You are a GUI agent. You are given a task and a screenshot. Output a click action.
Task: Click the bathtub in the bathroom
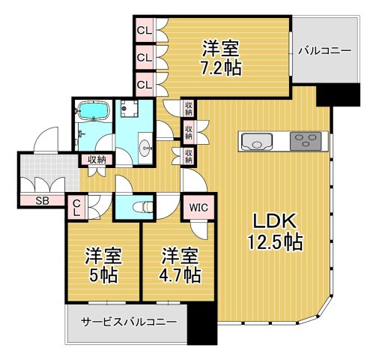coord(94,113)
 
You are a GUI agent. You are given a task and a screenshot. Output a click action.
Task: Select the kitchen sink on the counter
coord(257,141)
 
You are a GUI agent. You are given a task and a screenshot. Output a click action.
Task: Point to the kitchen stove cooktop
coord(303,141)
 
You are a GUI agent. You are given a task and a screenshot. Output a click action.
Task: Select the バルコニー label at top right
coord(324,51)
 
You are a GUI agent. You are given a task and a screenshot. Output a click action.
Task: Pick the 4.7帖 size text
coord(181,274)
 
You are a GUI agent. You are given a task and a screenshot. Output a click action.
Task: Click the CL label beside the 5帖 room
coord(76,207)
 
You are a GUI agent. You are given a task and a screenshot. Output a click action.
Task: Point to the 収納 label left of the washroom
coord(96,159)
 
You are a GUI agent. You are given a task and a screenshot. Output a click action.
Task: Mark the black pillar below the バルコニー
coord(327,94)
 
